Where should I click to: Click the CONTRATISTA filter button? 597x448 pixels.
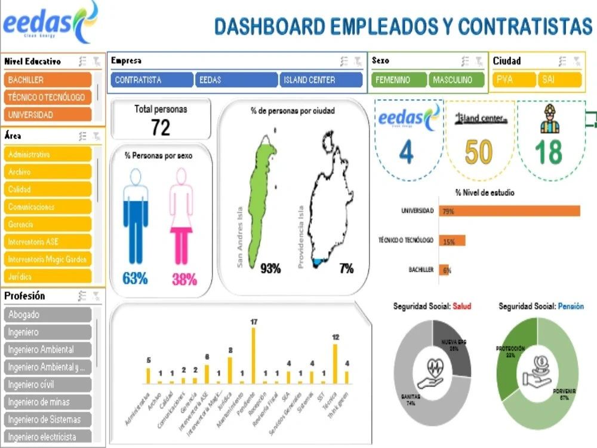coord(152,80)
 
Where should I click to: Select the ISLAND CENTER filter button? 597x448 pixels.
coord(321,80)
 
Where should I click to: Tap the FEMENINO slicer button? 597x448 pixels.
coord(398,80)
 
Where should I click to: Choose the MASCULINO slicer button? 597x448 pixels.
coord(457,80)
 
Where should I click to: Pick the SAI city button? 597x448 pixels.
coord(559,80)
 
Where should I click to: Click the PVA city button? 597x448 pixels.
coord(514,80)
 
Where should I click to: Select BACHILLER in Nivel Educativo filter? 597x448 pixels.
coord(48,80)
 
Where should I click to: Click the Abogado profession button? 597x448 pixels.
coord(48,315)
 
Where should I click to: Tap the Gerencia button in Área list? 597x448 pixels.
coord(48,225)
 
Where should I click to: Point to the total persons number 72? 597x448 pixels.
coord(161,127)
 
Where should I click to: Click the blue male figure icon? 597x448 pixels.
coord(136,218)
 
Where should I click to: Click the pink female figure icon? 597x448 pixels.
coord(181,218)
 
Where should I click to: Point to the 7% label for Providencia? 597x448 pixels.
coord(346,269)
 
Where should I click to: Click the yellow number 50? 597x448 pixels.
coord(479,152)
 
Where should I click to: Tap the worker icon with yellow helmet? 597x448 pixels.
coord(548,120)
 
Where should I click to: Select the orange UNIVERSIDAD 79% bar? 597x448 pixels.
coord(509,211)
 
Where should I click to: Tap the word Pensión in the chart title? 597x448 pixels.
coord(571,306)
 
